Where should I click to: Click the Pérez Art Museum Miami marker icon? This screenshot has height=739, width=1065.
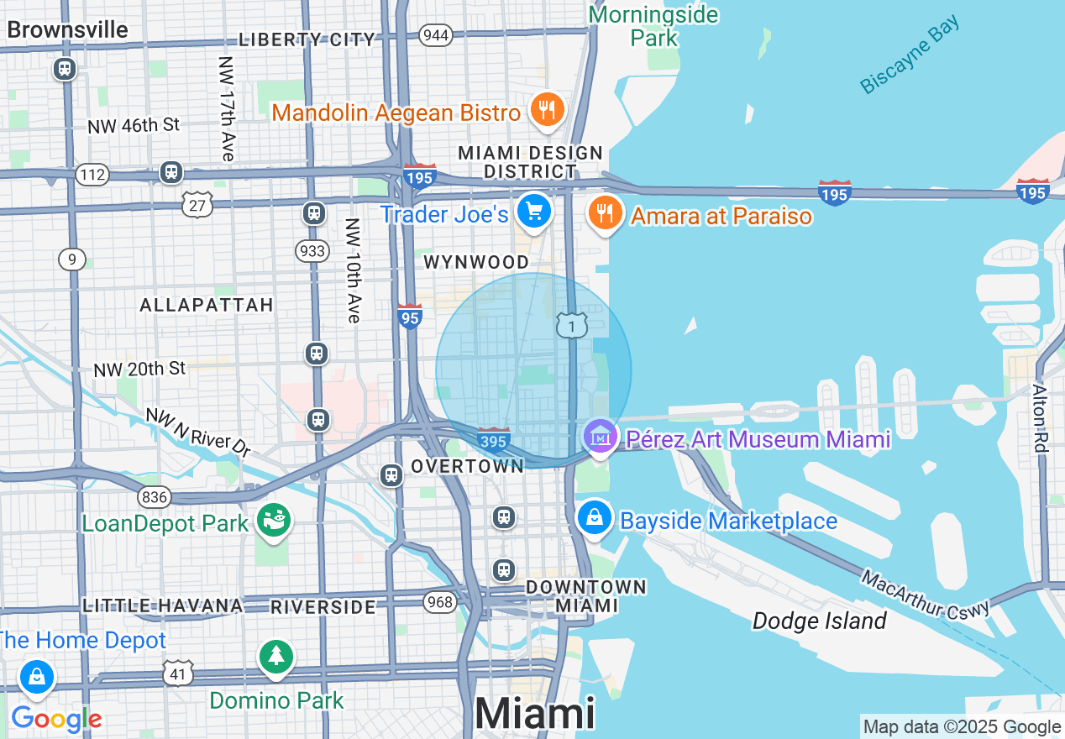pos(601,436)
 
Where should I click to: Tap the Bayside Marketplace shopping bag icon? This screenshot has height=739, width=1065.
pos(595,516)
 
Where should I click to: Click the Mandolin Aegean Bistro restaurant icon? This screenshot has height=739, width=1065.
pos(547,109)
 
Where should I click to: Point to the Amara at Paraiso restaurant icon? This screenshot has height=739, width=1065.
pos(604,213)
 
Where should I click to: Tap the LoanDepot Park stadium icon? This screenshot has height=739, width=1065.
pos(274,521)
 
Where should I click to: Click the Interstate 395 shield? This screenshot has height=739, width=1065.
pos(493,439)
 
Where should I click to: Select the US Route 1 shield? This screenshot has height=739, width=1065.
pos(572,326)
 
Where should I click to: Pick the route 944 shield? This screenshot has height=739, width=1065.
pos(437,35)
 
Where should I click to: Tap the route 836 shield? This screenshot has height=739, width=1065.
pos(155,497)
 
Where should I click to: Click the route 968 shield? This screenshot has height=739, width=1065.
pos(439,601)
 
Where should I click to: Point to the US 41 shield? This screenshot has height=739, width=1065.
pos(179,673)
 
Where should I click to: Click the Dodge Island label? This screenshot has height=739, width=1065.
pos(819,621)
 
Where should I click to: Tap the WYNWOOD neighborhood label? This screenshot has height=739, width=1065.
pos(476,262)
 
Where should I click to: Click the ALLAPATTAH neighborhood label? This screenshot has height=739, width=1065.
pos(207,305)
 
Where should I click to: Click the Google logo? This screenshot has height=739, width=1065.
pos(56,719)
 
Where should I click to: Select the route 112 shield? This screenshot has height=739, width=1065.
pos(92,175)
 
